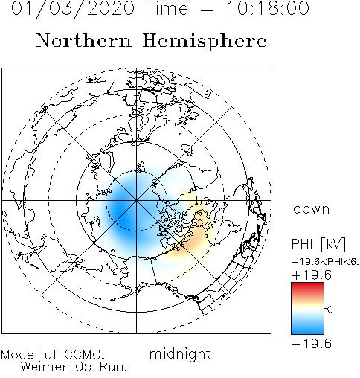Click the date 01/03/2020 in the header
(x=73, y=8)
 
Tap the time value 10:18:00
(x=268, y=8)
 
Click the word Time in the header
(x=167, y=8)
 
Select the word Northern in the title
(x=83, y=40)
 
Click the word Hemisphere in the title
(x=205, y=42)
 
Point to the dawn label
(x=312, y=209)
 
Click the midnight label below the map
(x=180, y=353)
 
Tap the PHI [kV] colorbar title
(x=318, y=244)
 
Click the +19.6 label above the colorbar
(x=312, y=275)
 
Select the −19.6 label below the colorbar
(x=312, y=344)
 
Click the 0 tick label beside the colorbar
(x=330, y=310)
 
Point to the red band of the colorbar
(x=307, y=288)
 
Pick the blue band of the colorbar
(x=307, y=327)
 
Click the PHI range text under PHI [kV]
(x=325, y=262)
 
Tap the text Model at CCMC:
(x=53, y=355)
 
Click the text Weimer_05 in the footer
(x=57, y=367)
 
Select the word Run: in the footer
(x=114, y=367)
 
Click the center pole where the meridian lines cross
(x=136, y=200)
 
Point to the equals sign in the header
(x=206, y=9)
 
